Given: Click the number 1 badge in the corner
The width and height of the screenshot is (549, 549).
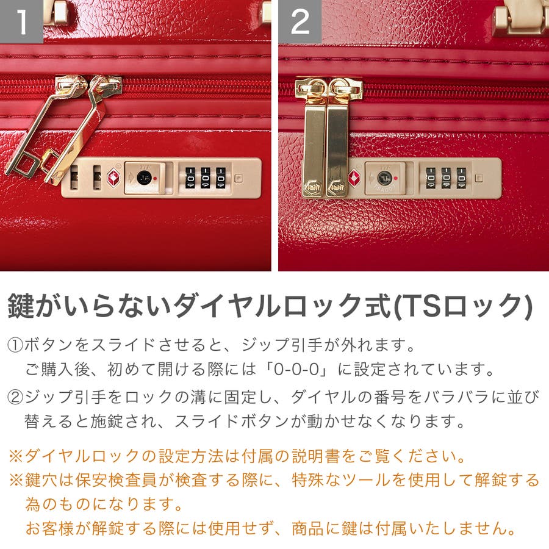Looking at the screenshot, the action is [21, 21].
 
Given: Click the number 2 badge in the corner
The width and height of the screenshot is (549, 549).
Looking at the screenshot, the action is [300, 21].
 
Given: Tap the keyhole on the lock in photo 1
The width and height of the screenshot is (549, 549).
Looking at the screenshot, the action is [144, 178].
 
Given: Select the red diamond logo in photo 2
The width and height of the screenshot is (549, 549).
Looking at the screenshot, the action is [354, 177].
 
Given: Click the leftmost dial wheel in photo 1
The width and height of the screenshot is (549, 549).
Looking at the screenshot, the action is [190, 178].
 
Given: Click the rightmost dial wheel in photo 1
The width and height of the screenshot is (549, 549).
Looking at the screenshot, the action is [221, 178].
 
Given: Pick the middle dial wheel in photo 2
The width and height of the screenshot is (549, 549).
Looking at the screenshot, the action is [447, 178].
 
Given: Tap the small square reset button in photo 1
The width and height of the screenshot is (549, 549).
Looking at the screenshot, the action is [239, 178].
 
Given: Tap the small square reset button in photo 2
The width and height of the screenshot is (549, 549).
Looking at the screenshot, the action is [479, 178].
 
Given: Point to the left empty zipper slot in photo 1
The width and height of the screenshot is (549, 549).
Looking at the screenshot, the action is [74, 178].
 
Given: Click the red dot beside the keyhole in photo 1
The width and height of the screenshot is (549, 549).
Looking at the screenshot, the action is [155, 179].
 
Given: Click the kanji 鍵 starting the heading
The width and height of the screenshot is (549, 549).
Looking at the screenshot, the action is [21, 306].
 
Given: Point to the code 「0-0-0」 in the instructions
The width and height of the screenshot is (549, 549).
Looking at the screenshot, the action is [297, 370].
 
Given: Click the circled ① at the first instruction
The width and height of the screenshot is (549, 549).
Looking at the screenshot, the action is [15, 346].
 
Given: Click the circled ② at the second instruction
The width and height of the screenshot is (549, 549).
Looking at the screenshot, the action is [15, 397].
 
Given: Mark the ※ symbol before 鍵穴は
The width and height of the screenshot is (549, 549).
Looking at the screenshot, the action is [16, 480].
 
